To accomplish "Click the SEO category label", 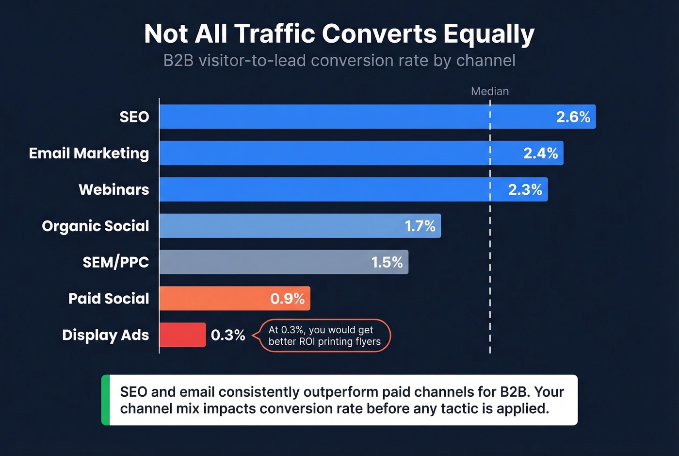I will (x=134, y=117).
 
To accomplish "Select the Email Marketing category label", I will (x=89, y=153).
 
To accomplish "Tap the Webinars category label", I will (x=113, y=189).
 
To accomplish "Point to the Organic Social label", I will (x=96, y=226).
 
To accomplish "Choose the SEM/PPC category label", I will (x=115, y=262).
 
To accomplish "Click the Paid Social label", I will (x=109, y=299).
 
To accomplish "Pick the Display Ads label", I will (x=105, y=335).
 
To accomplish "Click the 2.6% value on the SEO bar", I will (x=573, y=117).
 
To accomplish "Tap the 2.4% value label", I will (x=540, y=153).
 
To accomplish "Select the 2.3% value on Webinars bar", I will (x=525, y=189).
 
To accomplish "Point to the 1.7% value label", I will (x=420, y=226).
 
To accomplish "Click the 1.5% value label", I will (x=387, y=262).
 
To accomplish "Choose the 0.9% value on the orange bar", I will (x=287, y=299).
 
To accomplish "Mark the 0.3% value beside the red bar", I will (x=228, y=335).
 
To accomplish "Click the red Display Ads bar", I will (x=182, y=335).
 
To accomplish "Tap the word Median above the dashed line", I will (x=490, y=91).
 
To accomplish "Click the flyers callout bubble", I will (x=324, y=336).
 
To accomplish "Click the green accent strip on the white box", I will (x=105, y=400).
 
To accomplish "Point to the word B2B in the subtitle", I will (x=178, y=61).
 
